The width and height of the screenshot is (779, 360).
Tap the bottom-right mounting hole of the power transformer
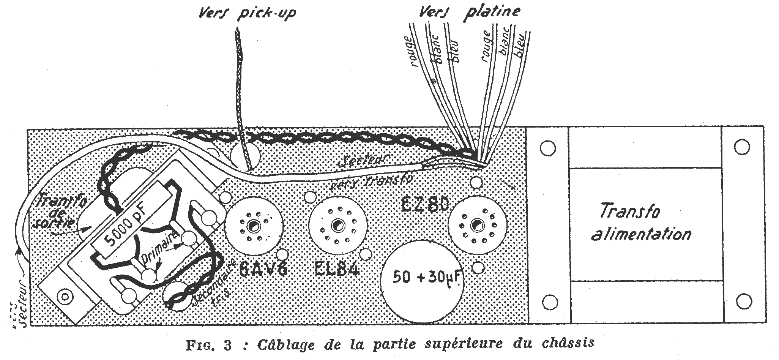741,302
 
